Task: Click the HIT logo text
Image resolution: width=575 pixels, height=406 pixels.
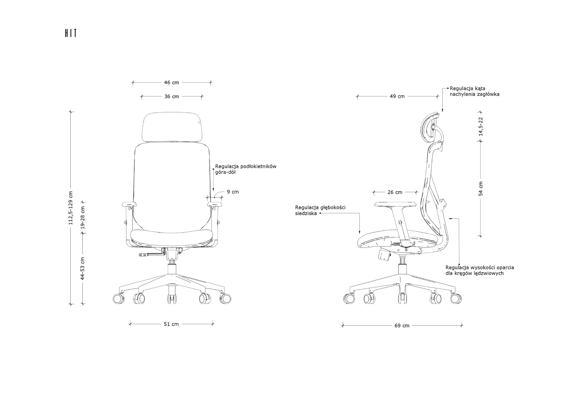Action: pyautogui.click(x=71, y=33)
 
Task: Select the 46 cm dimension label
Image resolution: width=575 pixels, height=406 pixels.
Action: pyautogui.click(x=172, y=83)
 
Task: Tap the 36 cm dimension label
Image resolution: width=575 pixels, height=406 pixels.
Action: pyautogui.click(x=172, y=96)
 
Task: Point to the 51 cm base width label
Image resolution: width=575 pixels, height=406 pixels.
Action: pyautogui.click(x=171, y=324)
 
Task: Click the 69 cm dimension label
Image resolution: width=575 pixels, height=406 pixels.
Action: pyautogui.click(x=402, y=326)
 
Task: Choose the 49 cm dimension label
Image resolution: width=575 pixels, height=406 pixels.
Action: pyautogui.click(x=397, y=96)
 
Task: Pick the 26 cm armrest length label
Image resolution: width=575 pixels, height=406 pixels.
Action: pyautogui.click(x=395, y=192)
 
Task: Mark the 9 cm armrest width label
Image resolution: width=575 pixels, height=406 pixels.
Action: pyautogui.click(x=233, y=192)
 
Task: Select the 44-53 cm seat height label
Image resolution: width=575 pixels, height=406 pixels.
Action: pyautogui.click(x=83, y=268)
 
